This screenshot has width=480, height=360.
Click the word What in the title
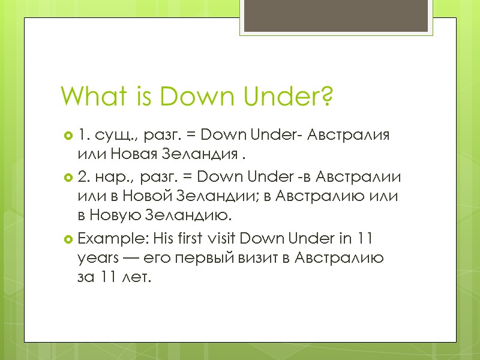[85, 96]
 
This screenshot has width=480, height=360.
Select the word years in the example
[96, 259]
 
